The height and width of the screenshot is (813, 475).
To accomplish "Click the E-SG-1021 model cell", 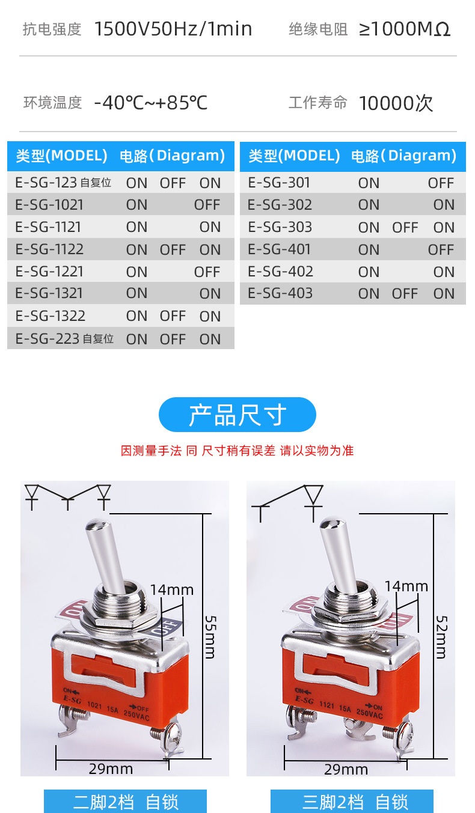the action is tap(49, 205).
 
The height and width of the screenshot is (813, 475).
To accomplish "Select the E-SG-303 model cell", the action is tap(280, 227).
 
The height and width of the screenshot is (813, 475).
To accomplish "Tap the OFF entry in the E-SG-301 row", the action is tap(441, 183).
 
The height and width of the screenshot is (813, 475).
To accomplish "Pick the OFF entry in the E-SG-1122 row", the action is tap(173, 250).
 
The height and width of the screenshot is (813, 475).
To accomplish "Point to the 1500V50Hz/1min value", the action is tap(173, 29).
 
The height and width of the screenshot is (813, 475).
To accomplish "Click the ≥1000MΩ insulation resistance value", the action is tap(405, 29).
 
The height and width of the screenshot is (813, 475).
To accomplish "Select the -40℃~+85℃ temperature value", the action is tap(151, 103).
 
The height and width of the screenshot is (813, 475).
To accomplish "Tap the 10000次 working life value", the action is tap(396, 103).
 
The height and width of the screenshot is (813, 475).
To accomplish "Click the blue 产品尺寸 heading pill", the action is tap(237, 415).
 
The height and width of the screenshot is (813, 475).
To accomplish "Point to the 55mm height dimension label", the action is tap(210, 636).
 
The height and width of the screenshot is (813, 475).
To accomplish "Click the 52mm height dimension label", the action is tap(441, 636).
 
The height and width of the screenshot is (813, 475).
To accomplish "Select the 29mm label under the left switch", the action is tap(111, 769).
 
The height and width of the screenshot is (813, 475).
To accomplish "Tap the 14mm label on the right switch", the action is tap(406, 586).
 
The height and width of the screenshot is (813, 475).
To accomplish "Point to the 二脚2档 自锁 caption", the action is tap(126, 802).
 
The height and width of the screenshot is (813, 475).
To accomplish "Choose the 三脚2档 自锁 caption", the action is tap(355, 802).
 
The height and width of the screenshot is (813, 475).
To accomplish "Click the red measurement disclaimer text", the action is tap(237, 451).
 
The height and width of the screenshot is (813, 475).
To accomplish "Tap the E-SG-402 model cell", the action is tap(280, 272).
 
